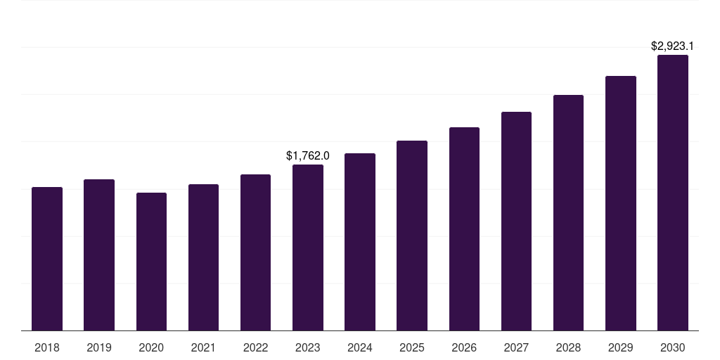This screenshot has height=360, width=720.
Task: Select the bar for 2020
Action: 151,262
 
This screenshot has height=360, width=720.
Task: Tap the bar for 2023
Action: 308,247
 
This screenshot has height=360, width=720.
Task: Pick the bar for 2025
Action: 412,236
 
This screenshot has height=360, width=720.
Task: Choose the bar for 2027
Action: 516,221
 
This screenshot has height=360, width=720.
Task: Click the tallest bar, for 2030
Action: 673,193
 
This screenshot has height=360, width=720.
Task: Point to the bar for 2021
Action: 203,257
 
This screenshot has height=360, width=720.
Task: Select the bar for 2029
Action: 621,203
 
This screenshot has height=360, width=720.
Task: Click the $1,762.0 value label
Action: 308,156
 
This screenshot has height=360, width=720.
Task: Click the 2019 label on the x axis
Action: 99,347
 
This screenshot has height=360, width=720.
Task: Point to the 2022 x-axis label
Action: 255,347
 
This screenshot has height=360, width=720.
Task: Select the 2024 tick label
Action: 360,347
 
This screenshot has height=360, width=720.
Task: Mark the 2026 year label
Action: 464,347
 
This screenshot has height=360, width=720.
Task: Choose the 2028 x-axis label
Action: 568,347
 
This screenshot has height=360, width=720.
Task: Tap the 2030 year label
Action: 673,347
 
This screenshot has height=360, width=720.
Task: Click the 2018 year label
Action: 47,347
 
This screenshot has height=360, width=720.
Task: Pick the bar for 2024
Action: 360,242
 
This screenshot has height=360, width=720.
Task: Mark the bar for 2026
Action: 464,229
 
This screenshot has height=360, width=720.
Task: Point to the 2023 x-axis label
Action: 308,347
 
